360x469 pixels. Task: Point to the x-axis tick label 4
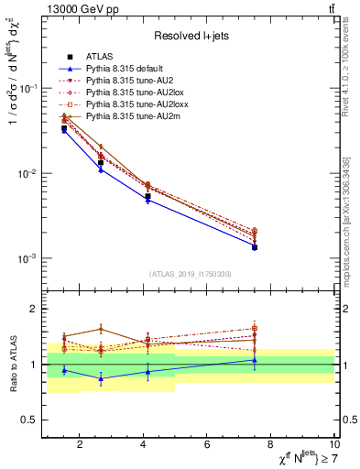(144, 446)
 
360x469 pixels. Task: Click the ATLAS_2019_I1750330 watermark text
(190, 274)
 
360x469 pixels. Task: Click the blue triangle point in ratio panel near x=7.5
(255, 360)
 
